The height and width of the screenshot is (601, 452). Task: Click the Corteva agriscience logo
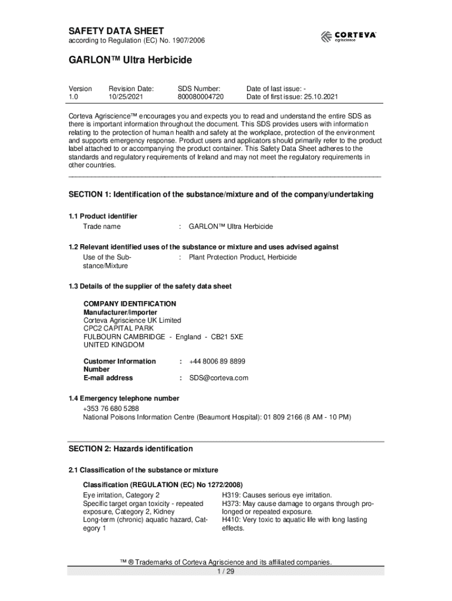coord(348,36)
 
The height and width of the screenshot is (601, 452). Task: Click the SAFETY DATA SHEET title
coord(116,31)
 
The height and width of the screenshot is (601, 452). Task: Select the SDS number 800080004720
coord(200,97)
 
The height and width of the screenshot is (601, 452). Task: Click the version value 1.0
coord(73,97)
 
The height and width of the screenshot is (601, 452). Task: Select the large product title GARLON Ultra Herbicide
coord(130,60)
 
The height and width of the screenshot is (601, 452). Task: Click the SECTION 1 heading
coord(221,194)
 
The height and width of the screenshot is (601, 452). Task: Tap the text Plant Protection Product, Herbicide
coord(242,257)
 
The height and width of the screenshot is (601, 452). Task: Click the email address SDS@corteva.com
coord(218,378)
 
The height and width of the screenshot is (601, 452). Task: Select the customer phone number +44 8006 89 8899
coord(217,362)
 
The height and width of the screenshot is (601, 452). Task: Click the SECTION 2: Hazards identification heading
coord(130,449)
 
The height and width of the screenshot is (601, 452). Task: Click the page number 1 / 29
coord(226,572)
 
